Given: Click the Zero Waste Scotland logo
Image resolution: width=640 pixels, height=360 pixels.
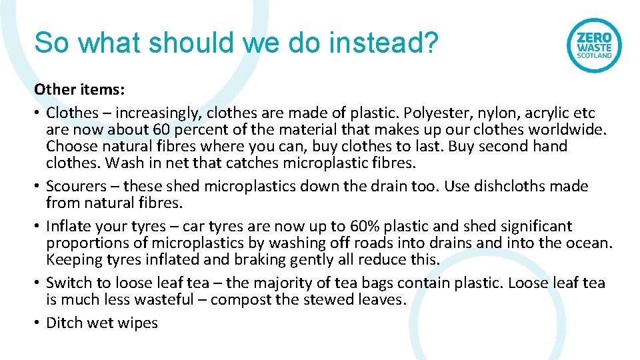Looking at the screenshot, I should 593,45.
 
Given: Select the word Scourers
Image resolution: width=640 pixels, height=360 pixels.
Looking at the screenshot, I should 73,186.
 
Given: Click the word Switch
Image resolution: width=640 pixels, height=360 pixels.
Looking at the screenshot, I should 67,283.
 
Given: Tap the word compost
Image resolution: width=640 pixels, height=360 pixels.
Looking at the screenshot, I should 241,299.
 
